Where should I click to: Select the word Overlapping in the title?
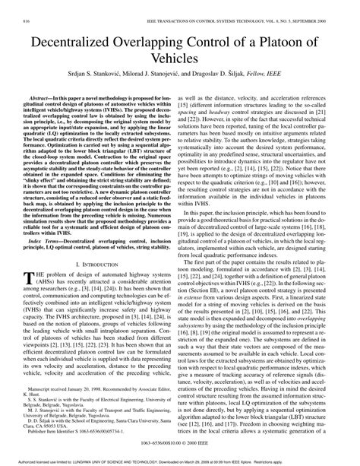click(163, 46)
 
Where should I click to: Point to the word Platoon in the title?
click(300, 46)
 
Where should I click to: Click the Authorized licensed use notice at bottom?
click(180, 461)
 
